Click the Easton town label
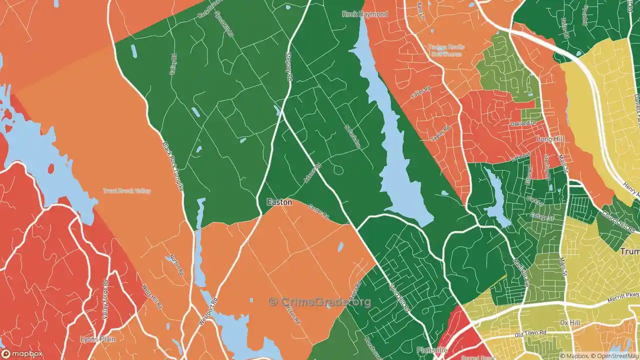(x=279, y=202)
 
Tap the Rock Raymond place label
(x=365, y=14)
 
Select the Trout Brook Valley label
(x=126, y=191)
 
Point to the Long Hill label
(x=550, y=139)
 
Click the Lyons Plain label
(x=98, y=339)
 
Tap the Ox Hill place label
(x=570, y=322)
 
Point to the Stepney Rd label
(x=288, y=67)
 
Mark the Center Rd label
(x=318, y=211)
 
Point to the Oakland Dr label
(x=522, y=123)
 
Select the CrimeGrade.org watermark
(x=320, y=301)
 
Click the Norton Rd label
(x=177, y=264)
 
